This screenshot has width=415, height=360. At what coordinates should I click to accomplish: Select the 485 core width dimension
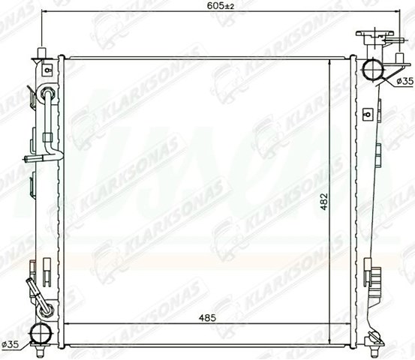[x=208, y=318]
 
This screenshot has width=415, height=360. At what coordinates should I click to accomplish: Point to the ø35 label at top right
[x=404, y=80]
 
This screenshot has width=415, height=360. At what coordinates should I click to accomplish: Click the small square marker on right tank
[x=368, y=115]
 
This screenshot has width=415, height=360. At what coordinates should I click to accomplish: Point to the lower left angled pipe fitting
[x=36, y=292]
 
